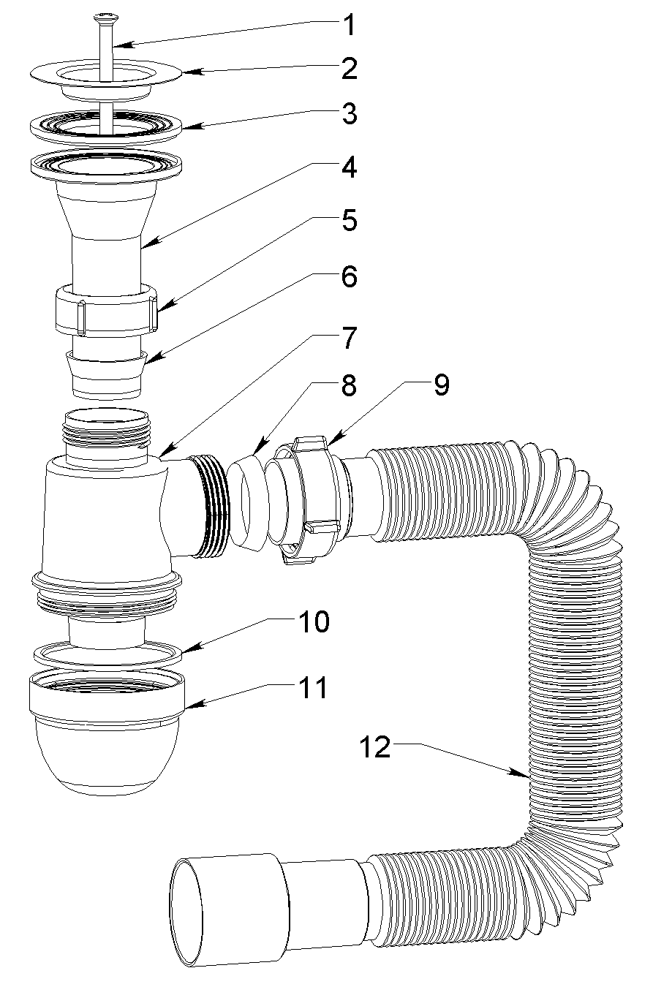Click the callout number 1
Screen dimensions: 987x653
[349, 26]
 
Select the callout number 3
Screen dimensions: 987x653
[349, 115]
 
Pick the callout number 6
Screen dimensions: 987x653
[349, 277]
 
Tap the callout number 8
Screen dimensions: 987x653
[349, 385]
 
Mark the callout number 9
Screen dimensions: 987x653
[442, 385]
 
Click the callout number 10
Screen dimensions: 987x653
[312, 623]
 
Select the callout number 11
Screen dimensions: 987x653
[312, 688]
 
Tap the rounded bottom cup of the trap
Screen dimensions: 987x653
[106, 760]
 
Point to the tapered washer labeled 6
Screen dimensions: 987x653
[106, 373]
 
